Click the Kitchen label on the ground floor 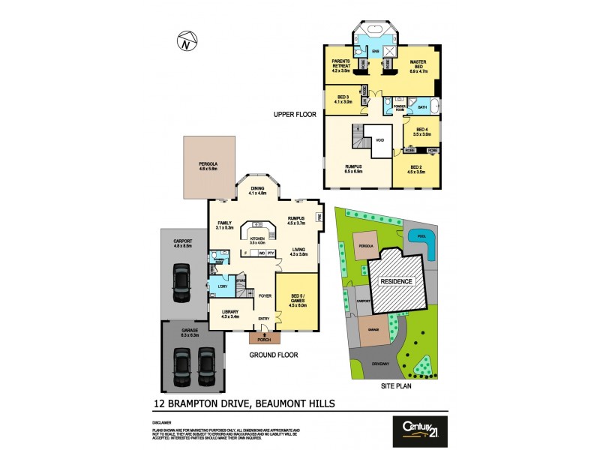258,239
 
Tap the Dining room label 258,191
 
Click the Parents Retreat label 341,64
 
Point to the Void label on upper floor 380,140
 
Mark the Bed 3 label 344,99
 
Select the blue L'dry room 222,286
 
